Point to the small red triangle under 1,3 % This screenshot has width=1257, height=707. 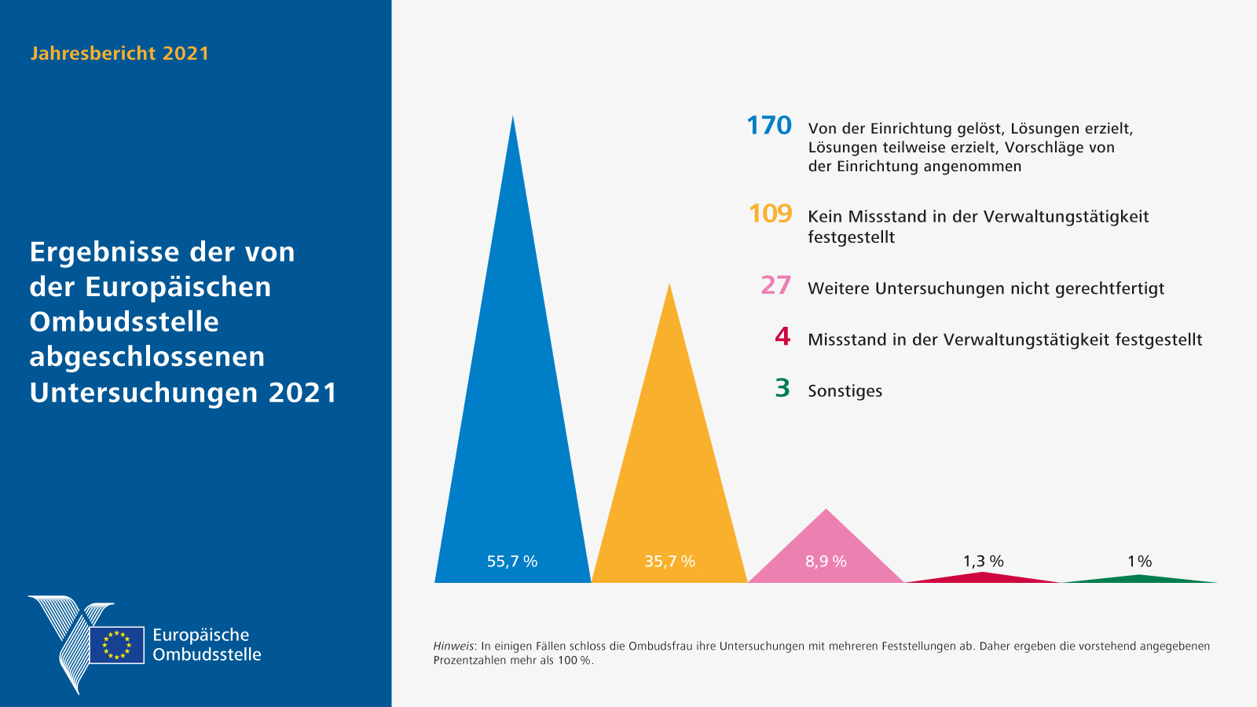tap(983, 577)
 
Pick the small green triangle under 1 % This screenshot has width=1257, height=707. tap(1139, 579)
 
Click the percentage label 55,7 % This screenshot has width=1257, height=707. tap(512, 562)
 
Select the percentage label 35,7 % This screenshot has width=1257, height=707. tap(669, 562)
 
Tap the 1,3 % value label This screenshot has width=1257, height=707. tap(983, 561)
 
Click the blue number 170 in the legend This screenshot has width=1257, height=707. tap(769, 126)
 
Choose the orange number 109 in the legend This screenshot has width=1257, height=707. tap(770, 214)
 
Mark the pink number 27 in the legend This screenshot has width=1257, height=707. tap(775, 285)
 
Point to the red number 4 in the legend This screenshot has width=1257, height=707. tap(782, 337)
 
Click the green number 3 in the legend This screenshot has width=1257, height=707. tap(782, 388)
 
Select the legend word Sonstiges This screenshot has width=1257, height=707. tap(845, 391)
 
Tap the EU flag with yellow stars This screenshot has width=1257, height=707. tap(117, 645)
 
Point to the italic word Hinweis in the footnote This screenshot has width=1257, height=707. tap(453, 647)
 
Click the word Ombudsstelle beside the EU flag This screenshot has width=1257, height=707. tap(207, 655)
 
